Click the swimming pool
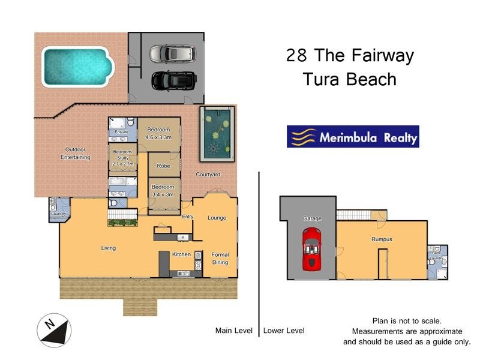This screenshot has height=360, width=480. pyautogui.click(x=77, y=67)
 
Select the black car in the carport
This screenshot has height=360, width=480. pyautogui.click(x=173, y=80)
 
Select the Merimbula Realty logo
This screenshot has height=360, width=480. pyautogui.click(x=353, y=137)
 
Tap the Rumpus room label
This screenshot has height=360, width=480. pyautogui.click(x=382, y=239)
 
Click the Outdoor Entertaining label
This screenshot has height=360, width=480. pyautogui.click(x=69, y=154)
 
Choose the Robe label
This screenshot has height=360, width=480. pyautogui.click(x=163, y=166)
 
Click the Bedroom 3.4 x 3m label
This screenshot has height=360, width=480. pyautogui.click(x=163, y=190)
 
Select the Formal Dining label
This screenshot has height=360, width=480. pyautogui.click(x=220, y=259)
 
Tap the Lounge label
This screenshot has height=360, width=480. pyautogui.click(x=217, y=218)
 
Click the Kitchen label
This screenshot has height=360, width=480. pyautogui.click(x=181, y=254)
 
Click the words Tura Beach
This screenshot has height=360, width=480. pyautogui.click(x=350, y=79)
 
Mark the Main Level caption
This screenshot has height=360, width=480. pyautogui.click(x=234, y=331)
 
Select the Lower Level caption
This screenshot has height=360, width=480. pyautogui.click(x=284, y=331)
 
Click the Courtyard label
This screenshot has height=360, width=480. pyautogui.click(x=208, y=175)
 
